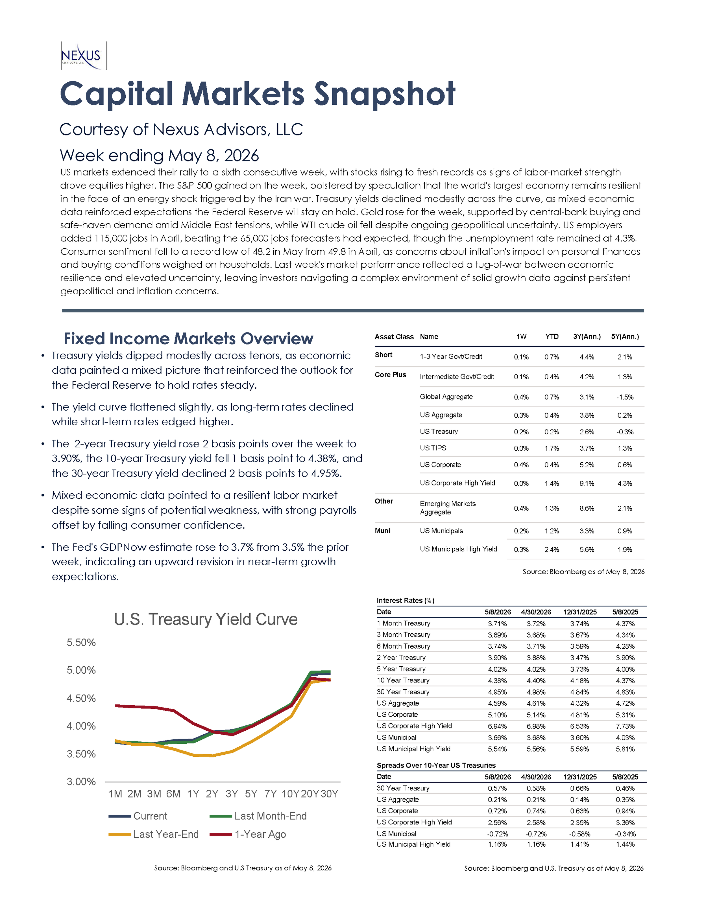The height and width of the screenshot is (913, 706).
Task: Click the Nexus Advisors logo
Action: point(83,56)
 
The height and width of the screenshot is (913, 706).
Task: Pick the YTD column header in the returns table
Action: point(552,336)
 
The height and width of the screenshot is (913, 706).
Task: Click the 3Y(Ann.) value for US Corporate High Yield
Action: point(587,483)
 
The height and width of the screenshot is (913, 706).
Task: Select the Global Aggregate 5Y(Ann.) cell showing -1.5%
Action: point(625,397)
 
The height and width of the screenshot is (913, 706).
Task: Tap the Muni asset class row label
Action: point(382,531)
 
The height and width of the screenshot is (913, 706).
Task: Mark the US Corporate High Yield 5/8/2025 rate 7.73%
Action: point(625,726)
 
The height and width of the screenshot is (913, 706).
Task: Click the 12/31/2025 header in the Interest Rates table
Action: point(580,612)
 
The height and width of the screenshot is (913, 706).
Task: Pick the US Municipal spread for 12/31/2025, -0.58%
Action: point(580,834)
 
